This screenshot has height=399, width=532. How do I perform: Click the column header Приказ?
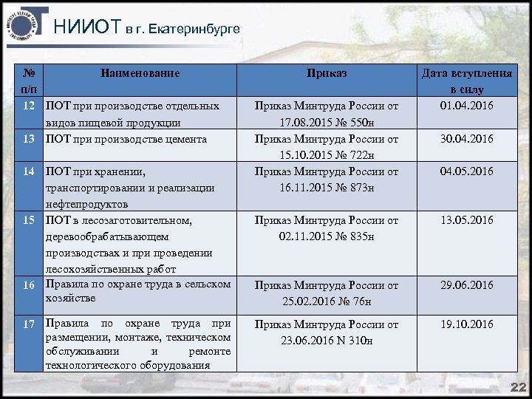(327, 74)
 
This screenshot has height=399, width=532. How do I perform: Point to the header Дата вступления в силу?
(466, 81)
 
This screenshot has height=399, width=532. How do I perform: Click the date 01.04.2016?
(467, 106)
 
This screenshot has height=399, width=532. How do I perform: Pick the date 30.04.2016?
(467, 139)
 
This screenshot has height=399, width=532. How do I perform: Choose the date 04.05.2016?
(467, 171)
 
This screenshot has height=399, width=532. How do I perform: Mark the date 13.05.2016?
(467, 220)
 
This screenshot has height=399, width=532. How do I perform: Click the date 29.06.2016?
(467, 285)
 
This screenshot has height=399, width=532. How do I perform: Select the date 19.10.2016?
(467, 324)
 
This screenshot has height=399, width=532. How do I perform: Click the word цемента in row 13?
(183, 139)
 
